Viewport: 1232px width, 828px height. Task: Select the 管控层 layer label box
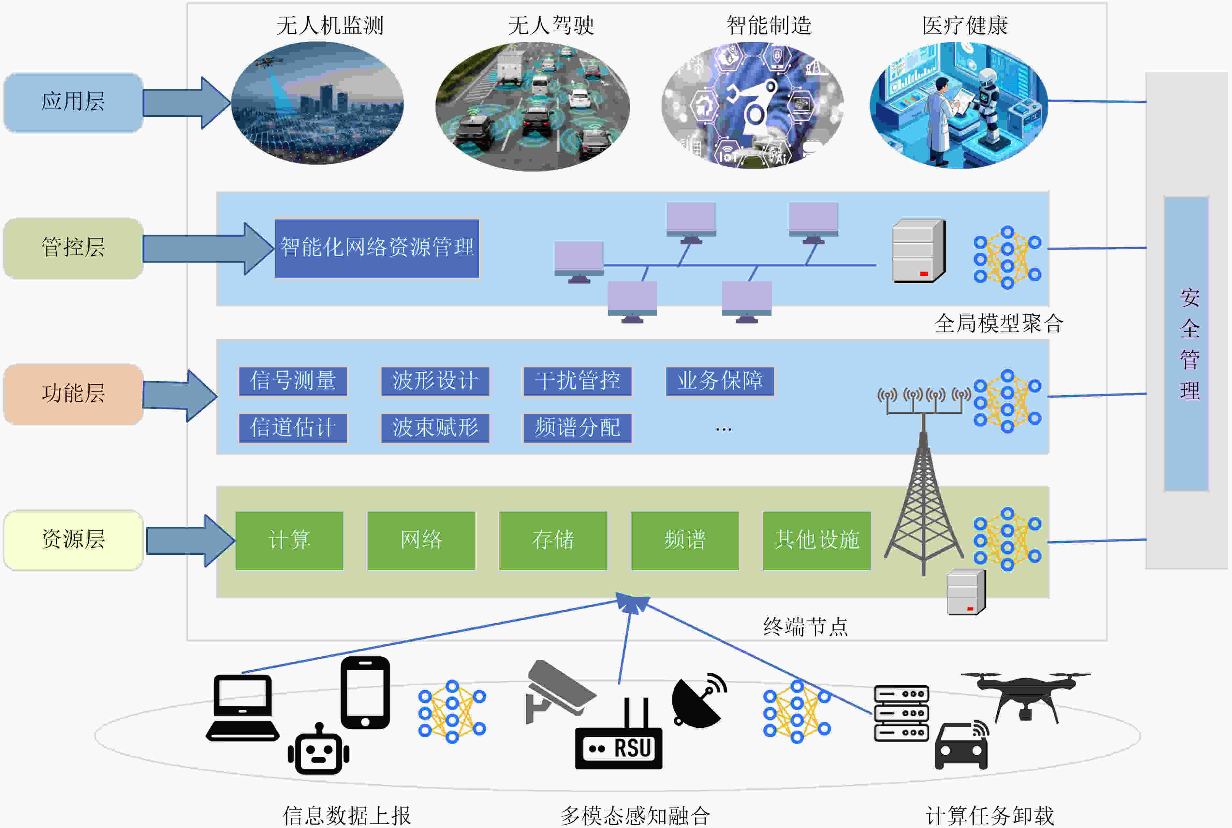[x=73, y=248]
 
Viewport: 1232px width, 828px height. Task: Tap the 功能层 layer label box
[x=73, y=394]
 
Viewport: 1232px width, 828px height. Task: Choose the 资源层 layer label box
[x=73, y=540]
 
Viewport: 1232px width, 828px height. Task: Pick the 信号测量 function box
[x=293, y=381]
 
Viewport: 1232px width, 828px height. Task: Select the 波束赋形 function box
[x=435, y=428]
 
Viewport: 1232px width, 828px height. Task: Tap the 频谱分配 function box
[x=578, y=428]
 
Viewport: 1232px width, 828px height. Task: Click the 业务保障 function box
[x=720, y=381]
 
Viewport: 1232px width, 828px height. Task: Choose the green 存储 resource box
[x=552, y=540]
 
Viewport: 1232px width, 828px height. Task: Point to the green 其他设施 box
[x=816, y=540]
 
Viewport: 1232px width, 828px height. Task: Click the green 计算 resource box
[x=289, y=540]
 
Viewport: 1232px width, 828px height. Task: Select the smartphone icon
[x=365, y=693]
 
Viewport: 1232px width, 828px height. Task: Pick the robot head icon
[x=318, y=750]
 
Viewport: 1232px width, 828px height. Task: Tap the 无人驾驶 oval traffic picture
[x=533, y=107]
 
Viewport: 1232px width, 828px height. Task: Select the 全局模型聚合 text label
[x=999, y=323]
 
